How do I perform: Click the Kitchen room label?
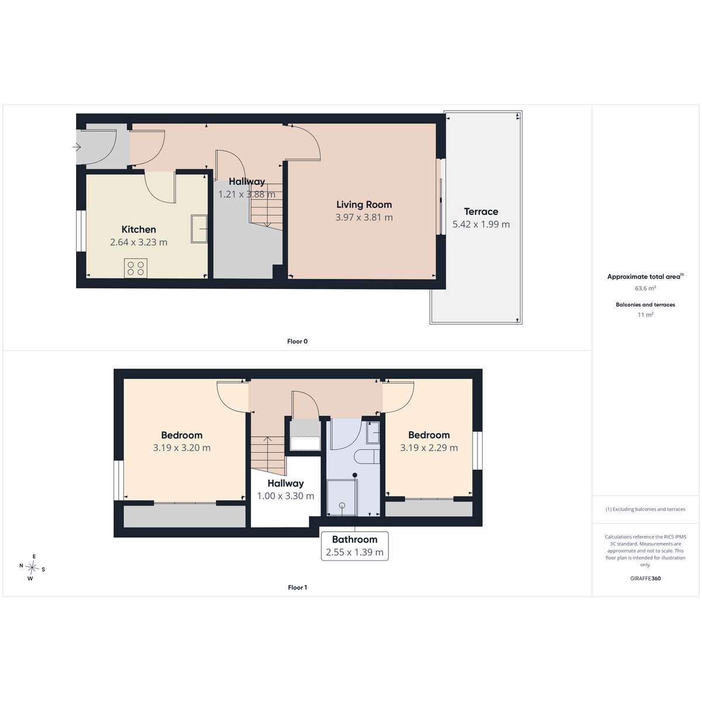coord(139,229)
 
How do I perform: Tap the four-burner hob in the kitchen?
coord(136,268)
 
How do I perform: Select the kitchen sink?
coord(199,229)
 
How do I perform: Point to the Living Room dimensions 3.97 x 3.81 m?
coord(364,218)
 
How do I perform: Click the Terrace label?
coord(481,212)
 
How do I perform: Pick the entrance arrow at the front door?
coord(77,147)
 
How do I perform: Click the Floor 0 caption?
coord(297,341)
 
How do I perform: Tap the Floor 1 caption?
coord(297,587)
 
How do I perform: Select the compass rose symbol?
coord(32,567)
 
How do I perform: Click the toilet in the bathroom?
coord(367,457)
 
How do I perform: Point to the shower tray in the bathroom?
coord(342,497)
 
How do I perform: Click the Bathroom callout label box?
coord(355,546)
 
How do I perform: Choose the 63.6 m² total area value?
coord(645,288)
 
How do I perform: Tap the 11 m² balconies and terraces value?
coord(645,315)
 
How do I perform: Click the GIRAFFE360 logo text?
coord(645,579)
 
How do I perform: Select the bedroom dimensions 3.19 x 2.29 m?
coord(429,448)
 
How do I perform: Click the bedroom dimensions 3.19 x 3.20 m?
coord(181,448)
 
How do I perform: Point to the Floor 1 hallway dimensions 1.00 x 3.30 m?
coord(285,496)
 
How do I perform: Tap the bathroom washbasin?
coord(373,432)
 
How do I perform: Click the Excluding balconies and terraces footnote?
coord(645,510)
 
